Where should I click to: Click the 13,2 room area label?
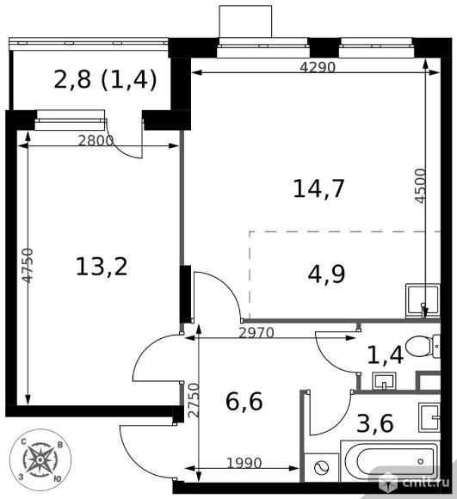tap(102, 267)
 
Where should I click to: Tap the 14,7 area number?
tap(318, 189)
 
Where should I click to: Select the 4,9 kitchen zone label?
tap(326, 274)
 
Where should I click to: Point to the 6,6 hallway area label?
tap(244, 402)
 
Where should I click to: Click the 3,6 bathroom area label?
tap(375, 423)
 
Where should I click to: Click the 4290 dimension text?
tap(318, 67)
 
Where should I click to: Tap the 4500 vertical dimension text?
tap(421, 186)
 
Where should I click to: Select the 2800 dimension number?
tap(96, 140)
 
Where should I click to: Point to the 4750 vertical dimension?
tap(28, 266)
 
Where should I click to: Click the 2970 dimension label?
tap(256, 333)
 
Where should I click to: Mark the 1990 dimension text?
tap(244, 464)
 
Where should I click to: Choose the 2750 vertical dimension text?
tap(194, 400)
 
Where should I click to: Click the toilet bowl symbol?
tap(423, 347)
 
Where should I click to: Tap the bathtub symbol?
tap(391, 461)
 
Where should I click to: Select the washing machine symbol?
tap(321, 467)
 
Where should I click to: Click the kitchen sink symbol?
tap(423, 301)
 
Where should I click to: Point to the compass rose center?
tap(40, 460)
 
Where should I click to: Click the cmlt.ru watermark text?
tap(426, 482)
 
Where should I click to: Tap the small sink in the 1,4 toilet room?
tap(384, 381)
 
